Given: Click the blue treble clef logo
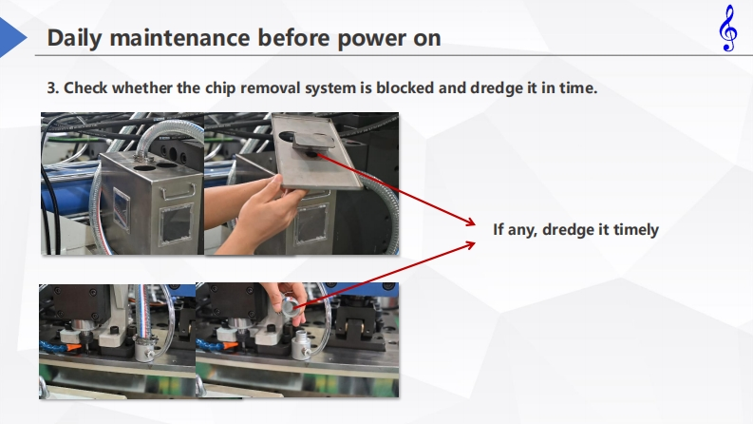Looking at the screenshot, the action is point(728,28).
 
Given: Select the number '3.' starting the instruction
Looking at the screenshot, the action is point(53,88).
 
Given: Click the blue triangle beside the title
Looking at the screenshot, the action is point(13,37).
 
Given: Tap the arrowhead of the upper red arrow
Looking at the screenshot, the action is point(469,222).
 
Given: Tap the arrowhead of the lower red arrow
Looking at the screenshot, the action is point(469,245).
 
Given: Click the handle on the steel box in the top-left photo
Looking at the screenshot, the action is point(179,193).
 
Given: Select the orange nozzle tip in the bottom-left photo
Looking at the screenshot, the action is point(73,347).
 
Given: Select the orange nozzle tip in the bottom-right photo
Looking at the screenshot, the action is point(230,345).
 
